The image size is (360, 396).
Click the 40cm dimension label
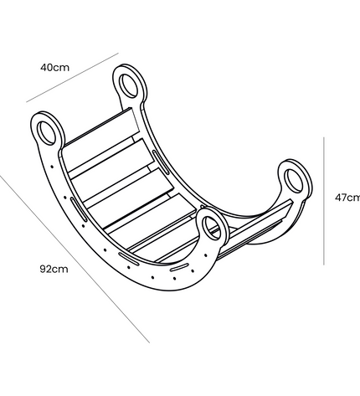pyautogui.click(x=54, y=68)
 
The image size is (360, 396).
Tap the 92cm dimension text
pyautogui.click(x=54, y=270)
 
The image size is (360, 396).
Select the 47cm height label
pyautogui.click(x=347, y=198)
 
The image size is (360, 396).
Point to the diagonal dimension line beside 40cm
pyautogui.click(x=73, y=77)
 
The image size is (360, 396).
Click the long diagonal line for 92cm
pyautogui.click(x=75, y=259)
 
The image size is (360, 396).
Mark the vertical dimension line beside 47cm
pyautogui.click(x=324, y=201)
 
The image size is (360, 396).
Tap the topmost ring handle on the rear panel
pyautogui.click(x=130, y=85)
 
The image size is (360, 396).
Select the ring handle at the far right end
pyautogui.click(x=296, y=178)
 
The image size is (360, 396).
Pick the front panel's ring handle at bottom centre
pyautogui.click(x=212, y=228)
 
